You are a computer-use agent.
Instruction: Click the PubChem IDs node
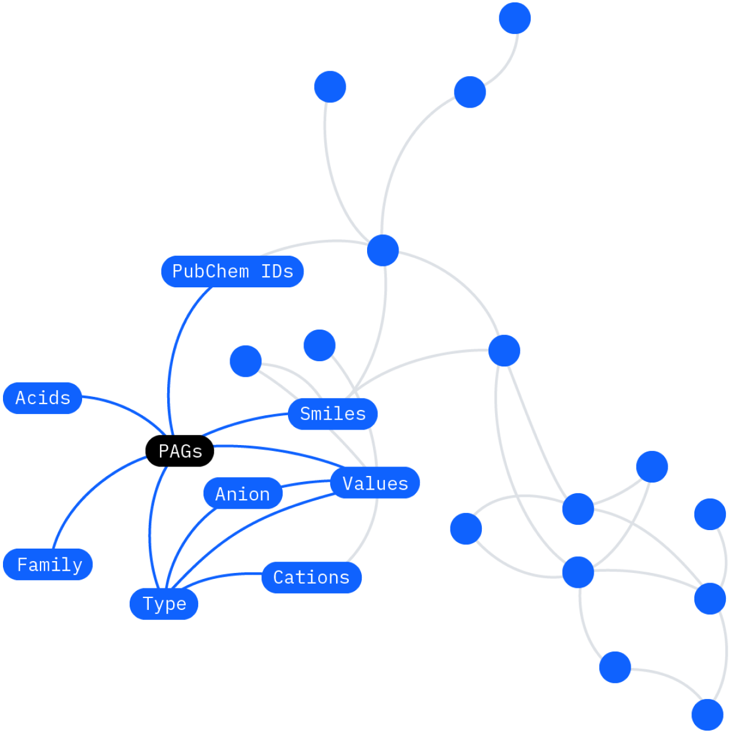[232, 271]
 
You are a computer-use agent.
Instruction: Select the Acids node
[42, 398]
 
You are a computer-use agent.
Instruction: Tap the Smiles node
[333, 414]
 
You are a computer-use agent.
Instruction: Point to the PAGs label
[180, 451]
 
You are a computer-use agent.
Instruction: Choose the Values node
[375, 483]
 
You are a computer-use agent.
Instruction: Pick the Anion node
[243, 494]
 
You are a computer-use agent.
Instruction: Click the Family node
[48, 564]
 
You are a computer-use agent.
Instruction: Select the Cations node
[311, 577]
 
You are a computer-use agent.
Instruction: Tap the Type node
[164, 604]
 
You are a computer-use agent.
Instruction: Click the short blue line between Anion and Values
[306, 483]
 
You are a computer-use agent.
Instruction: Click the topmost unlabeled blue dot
[515, 18]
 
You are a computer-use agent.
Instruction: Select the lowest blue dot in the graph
[707, 714]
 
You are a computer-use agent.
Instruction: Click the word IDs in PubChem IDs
[277, 271]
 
